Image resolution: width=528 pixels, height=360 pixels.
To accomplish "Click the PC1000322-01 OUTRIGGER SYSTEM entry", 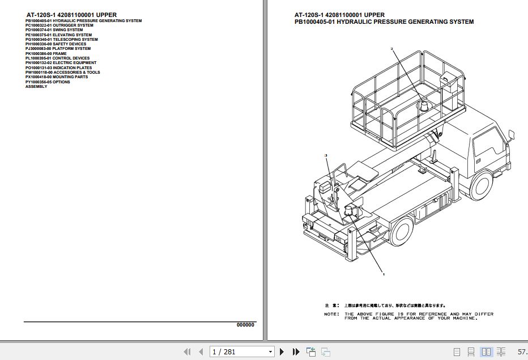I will pyautogui.click(x=59, y=26).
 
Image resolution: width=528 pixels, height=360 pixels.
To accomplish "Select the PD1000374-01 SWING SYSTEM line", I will pyautogui.click(x=54, y=30).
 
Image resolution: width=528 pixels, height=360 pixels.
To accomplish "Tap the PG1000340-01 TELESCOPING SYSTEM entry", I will pyautogui.click(x=61, y=40).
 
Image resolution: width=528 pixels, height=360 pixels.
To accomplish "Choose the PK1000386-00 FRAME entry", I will pyautogui.click(x=46, y=54).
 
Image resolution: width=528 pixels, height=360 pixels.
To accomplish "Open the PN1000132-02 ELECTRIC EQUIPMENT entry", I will pyautogui.click(x=61, y=63).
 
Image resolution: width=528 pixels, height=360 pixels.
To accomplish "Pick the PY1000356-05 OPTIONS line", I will pyautogui.click(x=48, y=82).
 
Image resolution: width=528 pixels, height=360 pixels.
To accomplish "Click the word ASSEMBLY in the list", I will pyautogui.click(x=36, y=87).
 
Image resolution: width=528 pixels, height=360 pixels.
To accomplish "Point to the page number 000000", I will pyautogui.click(x=245, y=325).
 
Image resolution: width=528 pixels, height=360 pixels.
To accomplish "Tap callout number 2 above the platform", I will pyautogui.click(x=391, y=49).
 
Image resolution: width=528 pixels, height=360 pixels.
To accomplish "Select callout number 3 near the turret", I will pyautogui.click(x=326, y=155).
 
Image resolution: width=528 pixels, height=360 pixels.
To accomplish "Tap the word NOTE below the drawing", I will pyautogui.click(x=331, y=314).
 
